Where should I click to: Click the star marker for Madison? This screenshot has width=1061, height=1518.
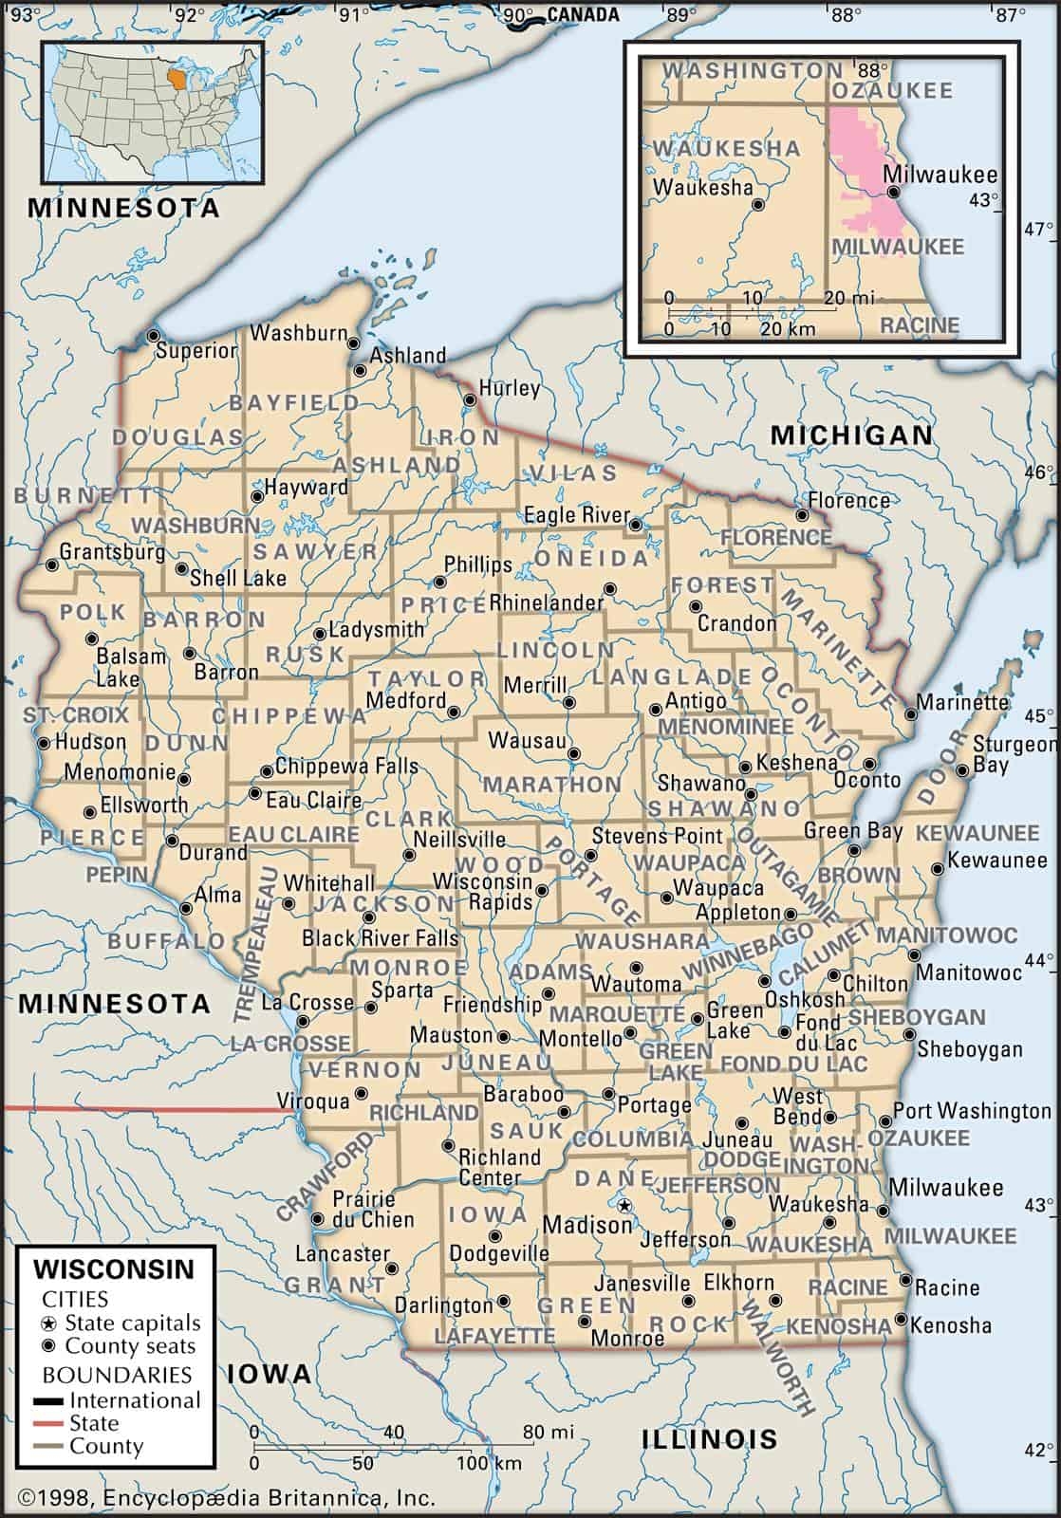(x=624, y=1206)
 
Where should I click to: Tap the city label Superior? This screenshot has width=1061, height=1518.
(x=196, y=350)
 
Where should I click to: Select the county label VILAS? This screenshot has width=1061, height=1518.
(x=573, y=472)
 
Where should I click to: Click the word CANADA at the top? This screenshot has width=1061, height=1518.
(x=583, y=14)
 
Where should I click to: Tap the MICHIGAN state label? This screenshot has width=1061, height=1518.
(x=851, y=435)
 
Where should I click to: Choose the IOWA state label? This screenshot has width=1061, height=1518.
(x=270, y=1373)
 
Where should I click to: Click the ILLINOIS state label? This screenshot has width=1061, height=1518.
(x=709, y=1437)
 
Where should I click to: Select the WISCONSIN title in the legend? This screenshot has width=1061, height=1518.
(x=114, y=1268)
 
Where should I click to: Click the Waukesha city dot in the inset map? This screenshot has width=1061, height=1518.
(x=757, y=204)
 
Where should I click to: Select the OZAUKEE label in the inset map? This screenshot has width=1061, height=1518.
(x=892, y=90)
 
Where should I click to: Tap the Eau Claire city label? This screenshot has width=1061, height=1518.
(x=313, y=801)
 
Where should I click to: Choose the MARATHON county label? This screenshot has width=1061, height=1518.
(x=552, y=785)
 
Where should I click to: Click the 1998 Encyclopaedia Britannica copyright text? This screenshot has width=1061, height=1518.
(x=227, y=1498)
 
